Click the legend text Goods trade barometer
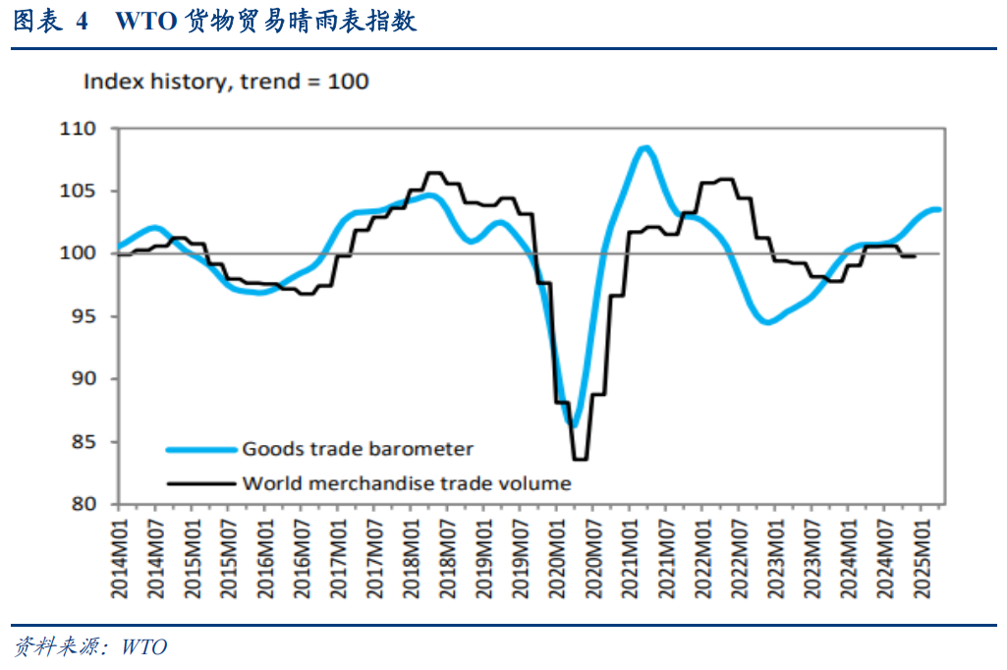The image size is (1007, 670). (x=358, y=449)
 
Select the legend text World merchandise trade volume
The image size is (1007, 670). (x=406, y=483)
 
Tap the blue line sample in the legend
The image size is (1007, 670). (x=201, y=450)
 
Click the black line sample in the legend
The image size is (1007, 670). (x=201, y=483)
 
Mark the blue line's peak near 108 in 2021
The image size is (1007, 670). (x=644, y=148)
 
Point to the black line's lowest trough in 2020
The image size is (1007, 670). (x=580, y=459)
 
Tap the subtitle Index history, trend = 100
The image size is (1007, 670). (x=226, y=82)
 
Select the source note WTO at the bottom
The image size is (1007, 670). (x=145, y=646)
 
